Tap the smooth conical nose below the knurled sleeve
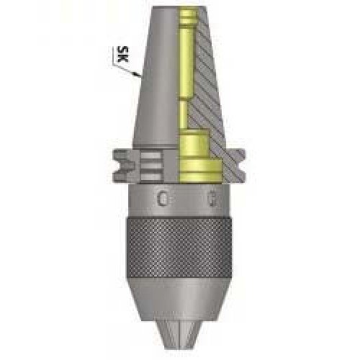tap(179, 302)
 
